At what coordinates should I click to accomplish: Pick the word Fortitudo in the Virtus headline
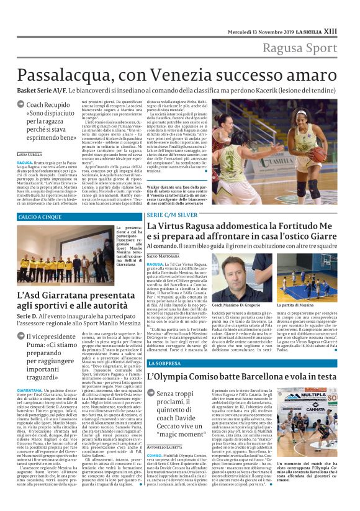click(304, 227)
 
